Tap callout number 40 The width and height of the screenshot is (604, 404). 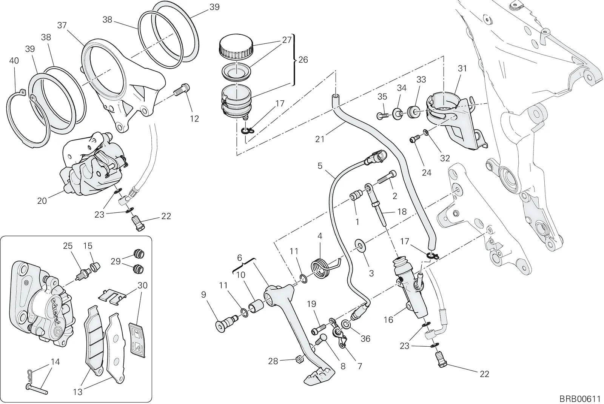pos(14,61)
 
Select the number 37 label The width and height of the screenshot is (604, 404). pos(62,25)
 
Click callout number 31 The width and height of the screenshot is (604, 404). pos(462,68)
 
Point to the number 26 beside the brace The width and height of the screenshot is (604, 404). pos(304,60)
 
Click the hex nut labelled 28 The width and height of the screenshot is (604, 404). pos(300,359)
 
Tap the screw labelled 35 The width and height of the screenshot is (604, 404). pos(383,116)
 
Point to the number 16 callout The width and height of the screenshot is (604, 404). pos(388,320)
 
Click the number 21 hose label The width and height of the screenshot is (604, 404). pos(320,139)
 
